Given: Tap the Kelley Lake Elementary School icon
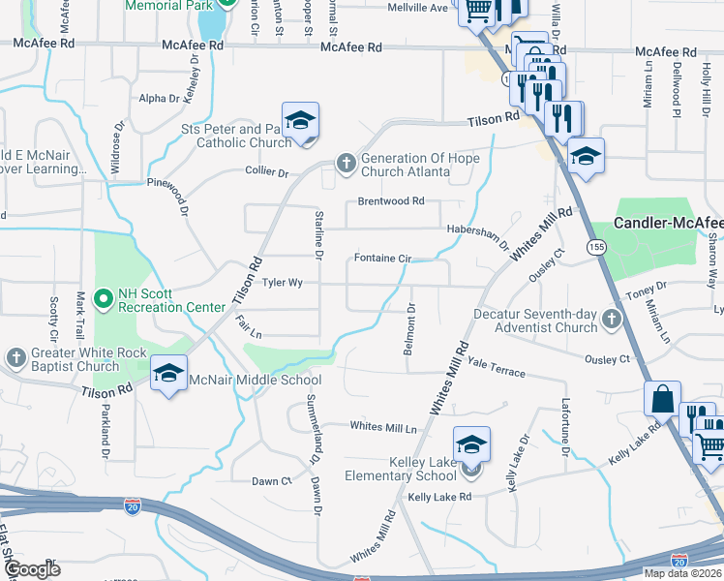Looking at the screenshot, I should pos(471,444).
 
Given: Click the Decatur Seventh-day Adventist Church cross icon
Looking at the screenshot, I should pos(611,319).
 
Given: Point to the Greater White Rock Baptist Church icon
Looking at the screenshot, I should pos(15,358).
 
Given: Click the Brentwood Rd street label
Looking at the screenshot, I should pos(391,201).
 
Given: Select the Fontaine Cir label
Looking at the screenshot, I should pos(383,259).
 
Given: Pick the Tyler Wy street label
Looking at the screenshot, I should pos(283,283).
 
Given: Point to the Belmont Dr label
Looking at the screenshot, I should pos(410,328).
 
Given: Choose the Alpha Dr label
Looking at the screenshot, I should pos(160,98).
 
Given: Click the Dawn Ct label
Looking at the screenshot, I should pos(272,481).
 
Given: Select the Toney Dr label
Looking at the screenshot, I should pos(648,287).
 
